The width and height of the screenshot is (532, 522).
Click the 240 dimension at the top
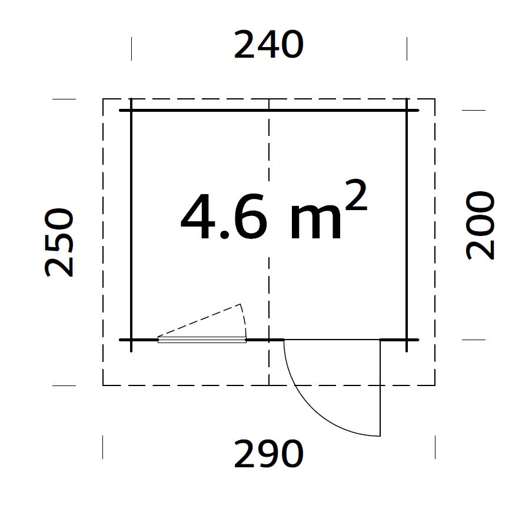pyautogui.click(x=268, y=45)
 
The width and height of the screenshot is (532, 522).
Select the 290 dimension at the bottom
pyautogui.click(x=268, y=454)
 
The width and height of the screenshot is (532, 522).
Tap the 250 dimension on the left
pyautogui.click(x=60, y=242)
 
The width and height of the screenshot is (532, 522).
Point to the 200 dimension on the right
pyautogui.click(x=481, y=225)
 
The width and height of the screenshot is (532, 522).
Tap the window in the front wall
pyautogui.click(x=202, y=340)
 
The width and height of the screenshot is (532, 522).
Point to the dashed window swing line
pyautogui.click(x=200, y=320)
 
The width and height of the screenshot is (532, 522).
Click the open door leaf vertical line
pyautogui.click(x=380, y=388)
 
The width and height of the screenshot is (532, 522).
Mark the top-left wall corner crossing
pyautogui.click(x=131, y=110)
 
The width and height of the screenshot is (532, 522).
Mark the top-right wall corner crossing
pyautogui.click(x=407, y=110)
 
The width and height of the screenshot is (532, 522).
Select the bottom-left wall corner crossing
pyautogui.click(x=131, y=340)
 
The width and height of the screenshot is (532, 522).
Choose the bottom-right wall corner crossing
pyautogui.click(x=407, y=340)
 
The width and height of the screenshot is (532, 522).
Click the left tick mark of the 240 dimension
pyautogui.click(x=131, y=48)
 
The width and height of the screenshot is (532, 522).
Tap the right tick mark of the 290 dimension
pyautogui.click(x=435, y=447)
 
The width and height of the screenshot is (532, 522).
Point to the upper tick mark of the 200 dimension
pyautogui.click(x=473, y=110)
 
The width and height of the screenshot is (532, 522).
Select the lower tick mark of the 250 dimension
pyautogui.click(x=64, y=385)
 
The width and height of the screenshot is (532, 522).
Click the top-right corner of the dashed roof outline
pyautogui.click(x=435, y=99)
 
